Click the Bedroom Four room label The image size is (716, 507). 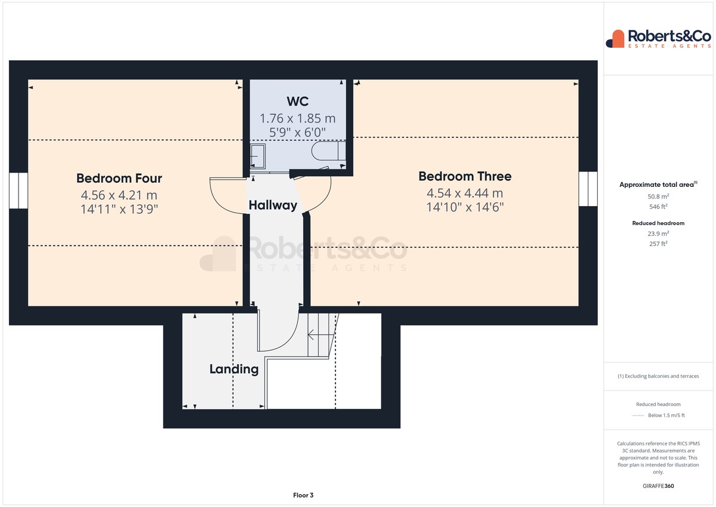coord(119,178)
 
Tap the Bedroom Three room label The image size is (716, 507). coord(465,176)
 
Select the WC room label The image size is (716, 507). coord(298,102)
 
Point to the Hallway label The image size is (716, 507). coord(273,205)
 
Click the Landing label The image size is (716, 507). coord(234,369)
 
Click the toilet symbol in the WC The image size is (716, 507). coord(328,150)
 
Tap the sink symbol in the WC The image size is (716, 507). coord(258,156)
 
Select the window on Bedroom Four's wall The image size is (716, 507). coord(18,190)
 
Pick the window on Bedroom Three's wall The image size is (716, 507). coord(588,189)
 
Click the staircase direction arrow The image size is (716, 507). coord(320,335)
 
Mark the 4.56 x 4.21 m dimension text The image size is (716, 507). coord(119,195)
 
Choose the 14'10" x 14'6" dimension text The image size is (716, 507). coord(465,207)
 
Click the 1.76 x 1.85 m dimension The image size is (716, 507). coord(298,118)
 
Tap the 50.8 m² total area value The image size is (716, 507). coord(658,196)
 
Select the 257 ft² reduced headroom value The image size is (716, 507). coord(658,244)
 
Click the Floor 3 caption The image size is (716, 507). coord(303,495)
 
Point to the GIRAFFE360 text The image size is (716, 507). coord(658,486)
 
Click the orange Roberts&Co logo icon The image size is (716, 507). coord(615,39)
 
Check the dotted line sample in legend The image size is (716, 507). coord(638,416)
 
